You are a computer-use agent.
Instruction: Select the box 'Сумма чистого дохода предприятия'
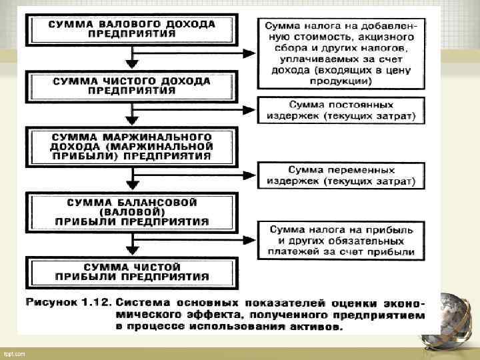coord(132,86)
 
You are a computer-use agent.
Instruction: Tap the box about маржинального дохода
coord(132,145)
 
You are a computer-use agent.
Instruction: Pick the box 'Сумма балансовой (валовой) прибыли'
coord(132,211)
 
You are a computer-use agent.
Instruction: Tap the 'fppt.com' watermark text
coord(14,353)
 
